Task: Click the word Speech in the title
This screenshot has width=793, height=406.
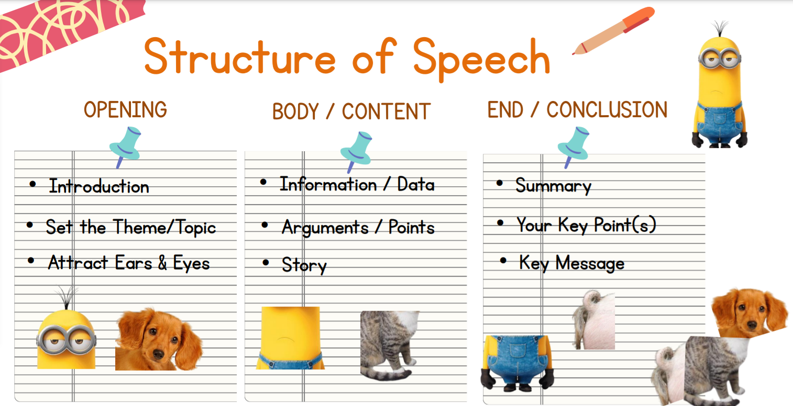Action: tap(481, 59)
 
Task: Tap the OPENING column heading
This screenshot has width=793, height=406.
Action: tap(125, 109)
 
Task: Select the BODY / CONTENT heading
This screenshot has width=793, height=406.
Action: tap(351, 111)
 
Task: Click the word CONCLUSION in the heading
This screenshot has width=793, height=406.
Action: tap(607, 109)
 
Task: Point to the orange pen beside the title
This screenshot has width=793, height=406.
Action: tap(613, 31)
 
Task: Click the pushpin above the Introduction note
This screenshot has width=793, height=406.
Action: tap(125, 146)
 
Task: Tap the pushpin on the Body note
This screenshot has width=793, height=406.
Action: tap(356, 151)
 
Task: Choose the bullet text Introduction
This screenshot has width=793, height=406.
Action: tap(99, 186)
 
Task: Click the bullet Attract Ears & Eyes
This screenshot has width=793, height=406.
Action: tap(129, 263)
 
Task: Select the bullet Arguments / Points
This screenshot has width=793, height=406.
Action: tap(358, 227)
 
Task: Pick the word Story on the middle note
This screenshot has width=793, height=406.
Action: tap(304, 265)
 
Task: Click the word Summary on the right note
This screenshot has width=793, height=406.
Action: tap(553, 186)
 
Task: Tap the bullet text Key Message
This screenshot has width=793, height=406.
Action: tap(572, 263)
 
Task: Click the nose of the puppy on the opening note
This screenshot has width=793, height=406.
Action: tap(158, 354)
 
